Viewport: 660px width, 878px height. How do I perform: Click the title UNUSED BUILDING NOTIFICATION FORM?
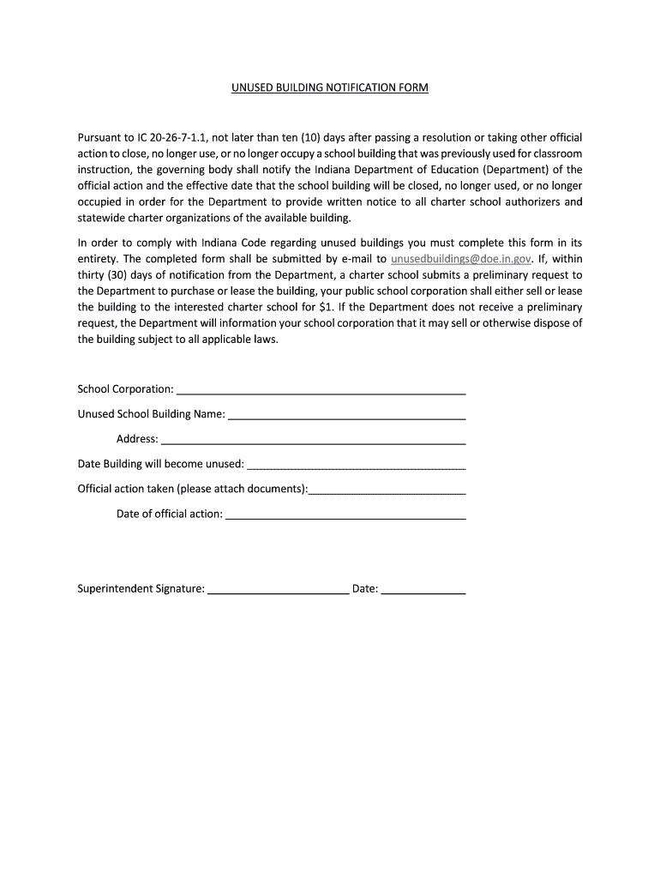point(329,87)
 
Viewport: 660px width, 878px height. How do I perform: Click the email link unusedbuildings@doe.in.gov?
point(461,258)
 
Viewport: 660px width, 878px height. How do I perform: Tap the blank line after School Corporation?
point(321,389)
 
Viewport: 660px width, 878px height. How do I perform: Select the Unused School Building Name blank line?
point(347,414)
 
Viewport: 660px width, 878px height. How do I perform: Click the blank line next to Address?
point(314,439)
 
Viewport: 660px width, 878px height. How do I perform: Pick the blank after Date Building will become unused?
point(356,465)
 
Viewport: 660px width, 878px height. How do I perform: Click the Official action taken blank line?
point(387,490)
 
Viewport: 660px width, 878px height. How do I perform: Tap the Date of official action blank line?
point(345,514)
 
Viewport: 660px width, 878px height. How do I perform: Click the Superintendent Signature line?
point(279,589)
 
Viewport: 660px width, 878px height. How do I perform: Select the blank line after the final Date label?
point(423,589)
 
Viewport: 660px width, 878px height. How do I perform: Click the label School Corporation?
point(126,389)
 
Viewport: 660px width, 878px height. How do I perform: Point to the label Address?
point(137,439)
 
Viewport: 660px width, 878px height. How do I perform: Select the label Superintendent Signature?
point(141,589)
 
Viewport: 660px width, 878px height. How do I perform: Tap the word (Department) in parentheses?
point(513,170)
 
